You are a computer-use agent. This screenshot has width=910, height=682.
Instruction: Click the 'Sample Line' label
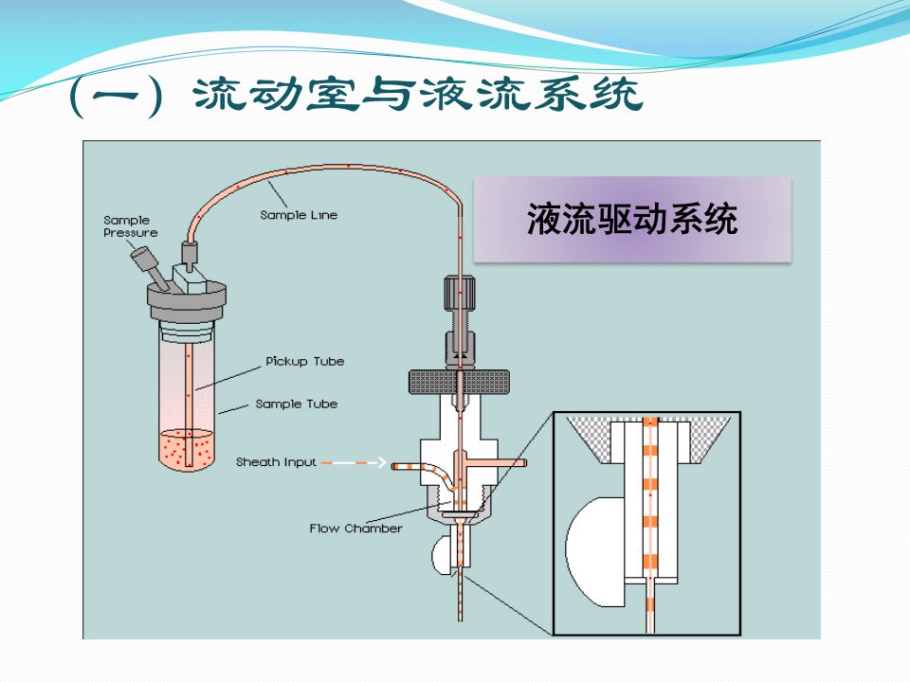299,215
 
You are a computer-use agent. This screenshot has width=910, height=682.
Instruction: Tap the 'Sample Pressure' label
130,226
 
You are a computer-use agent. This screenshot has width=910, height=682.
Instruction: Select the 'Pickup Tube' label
304,361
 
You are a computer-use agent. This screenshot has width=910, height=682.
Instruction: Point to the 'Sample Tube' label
296,404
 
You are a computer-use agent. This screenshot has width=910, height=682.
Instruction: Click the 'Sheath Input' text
276,462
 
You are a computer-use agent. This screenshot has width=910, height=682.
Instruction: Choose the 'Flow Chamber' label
355,529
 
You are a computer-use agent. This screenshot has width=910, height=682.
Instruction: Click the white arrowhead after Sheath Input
381,462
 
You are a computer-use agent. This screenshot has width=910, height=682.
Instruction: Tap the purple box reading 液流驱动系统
632,219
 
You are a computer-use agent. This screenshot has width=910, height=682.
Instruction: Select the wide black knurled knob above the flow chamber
459,382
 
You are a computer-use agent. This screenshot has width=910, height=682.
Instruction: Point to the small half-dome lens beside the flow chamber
441,556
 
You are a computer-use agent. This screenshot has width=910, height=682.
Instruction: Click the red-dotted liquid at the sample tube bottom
187,449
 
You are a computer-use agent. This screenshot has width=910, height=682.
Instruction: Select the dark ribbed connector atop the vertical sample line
460,293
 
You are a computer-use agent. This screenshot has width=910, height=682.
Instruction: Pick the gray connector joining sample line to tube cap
190,254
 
